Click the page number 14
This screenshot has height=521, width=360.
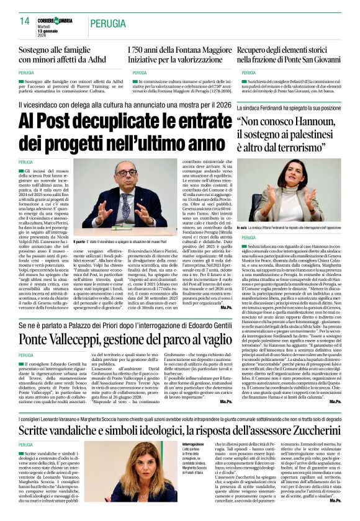25,21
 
